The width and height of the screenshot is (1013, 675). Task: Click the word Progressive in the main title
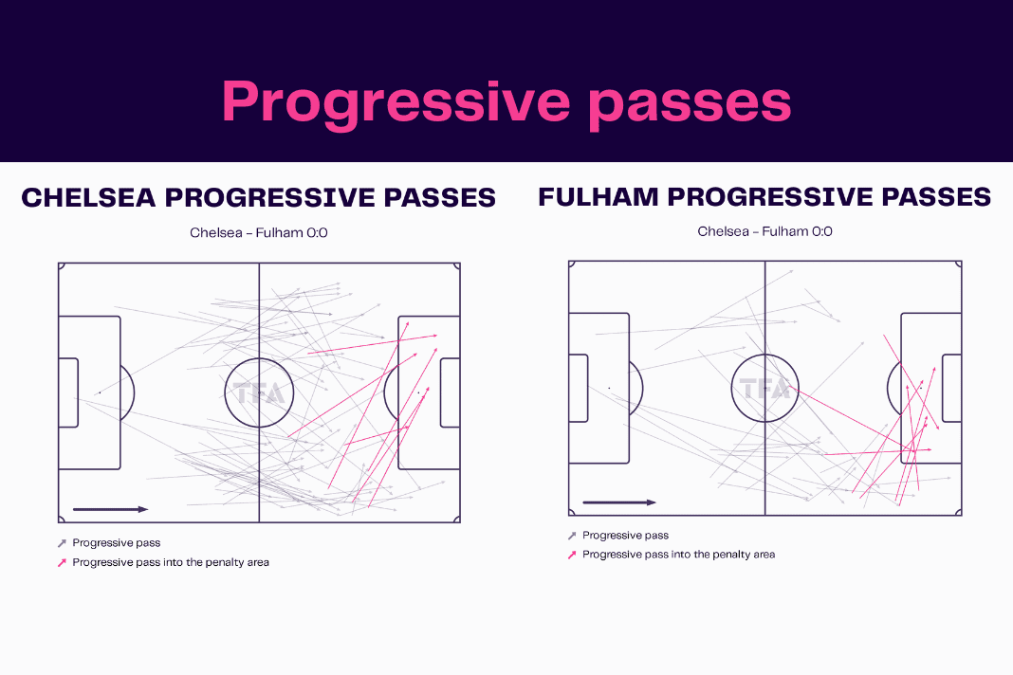396,102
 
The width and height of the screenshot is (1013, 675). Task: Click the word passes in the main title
690,103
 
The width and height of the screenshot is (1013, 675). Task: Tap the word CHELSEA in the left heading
88,197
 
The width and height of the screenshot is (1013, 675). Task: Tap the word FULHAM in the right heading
598,197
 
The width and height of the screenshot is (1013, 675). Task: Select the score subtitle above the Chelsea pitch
258,232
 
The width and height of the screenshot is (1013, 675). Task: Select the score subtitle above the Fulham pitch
764,231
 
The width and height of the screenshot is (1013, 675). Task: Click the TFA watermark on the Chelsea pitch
259,392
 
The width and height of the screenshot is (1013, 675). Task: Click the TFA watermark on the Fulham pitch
764,388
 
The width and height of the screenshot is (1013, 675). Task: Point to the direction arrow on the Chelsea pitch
110,510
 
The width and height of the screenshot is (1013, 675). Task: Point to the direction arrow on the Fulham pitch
619,502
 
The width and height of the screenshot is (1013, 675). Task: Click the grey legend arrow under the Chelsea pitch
62,543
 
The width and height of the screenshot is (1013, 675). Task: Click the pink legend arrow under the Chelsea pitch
62,562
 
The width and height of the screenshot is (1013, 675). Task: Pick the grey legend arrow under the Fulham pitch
572,536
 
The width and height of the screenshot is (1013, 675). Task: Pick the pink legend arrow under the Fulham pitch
572,555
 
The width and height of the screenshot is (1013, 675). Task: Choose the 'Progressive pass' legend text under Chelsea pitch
117,543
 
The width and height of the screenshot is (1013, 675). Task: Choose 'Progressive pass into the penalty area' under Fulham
678,555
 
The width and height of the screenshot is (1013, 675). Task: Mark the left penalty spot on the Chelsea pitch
100,392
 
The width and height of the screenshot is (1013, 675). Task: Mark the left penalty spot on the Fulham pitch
609,388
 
